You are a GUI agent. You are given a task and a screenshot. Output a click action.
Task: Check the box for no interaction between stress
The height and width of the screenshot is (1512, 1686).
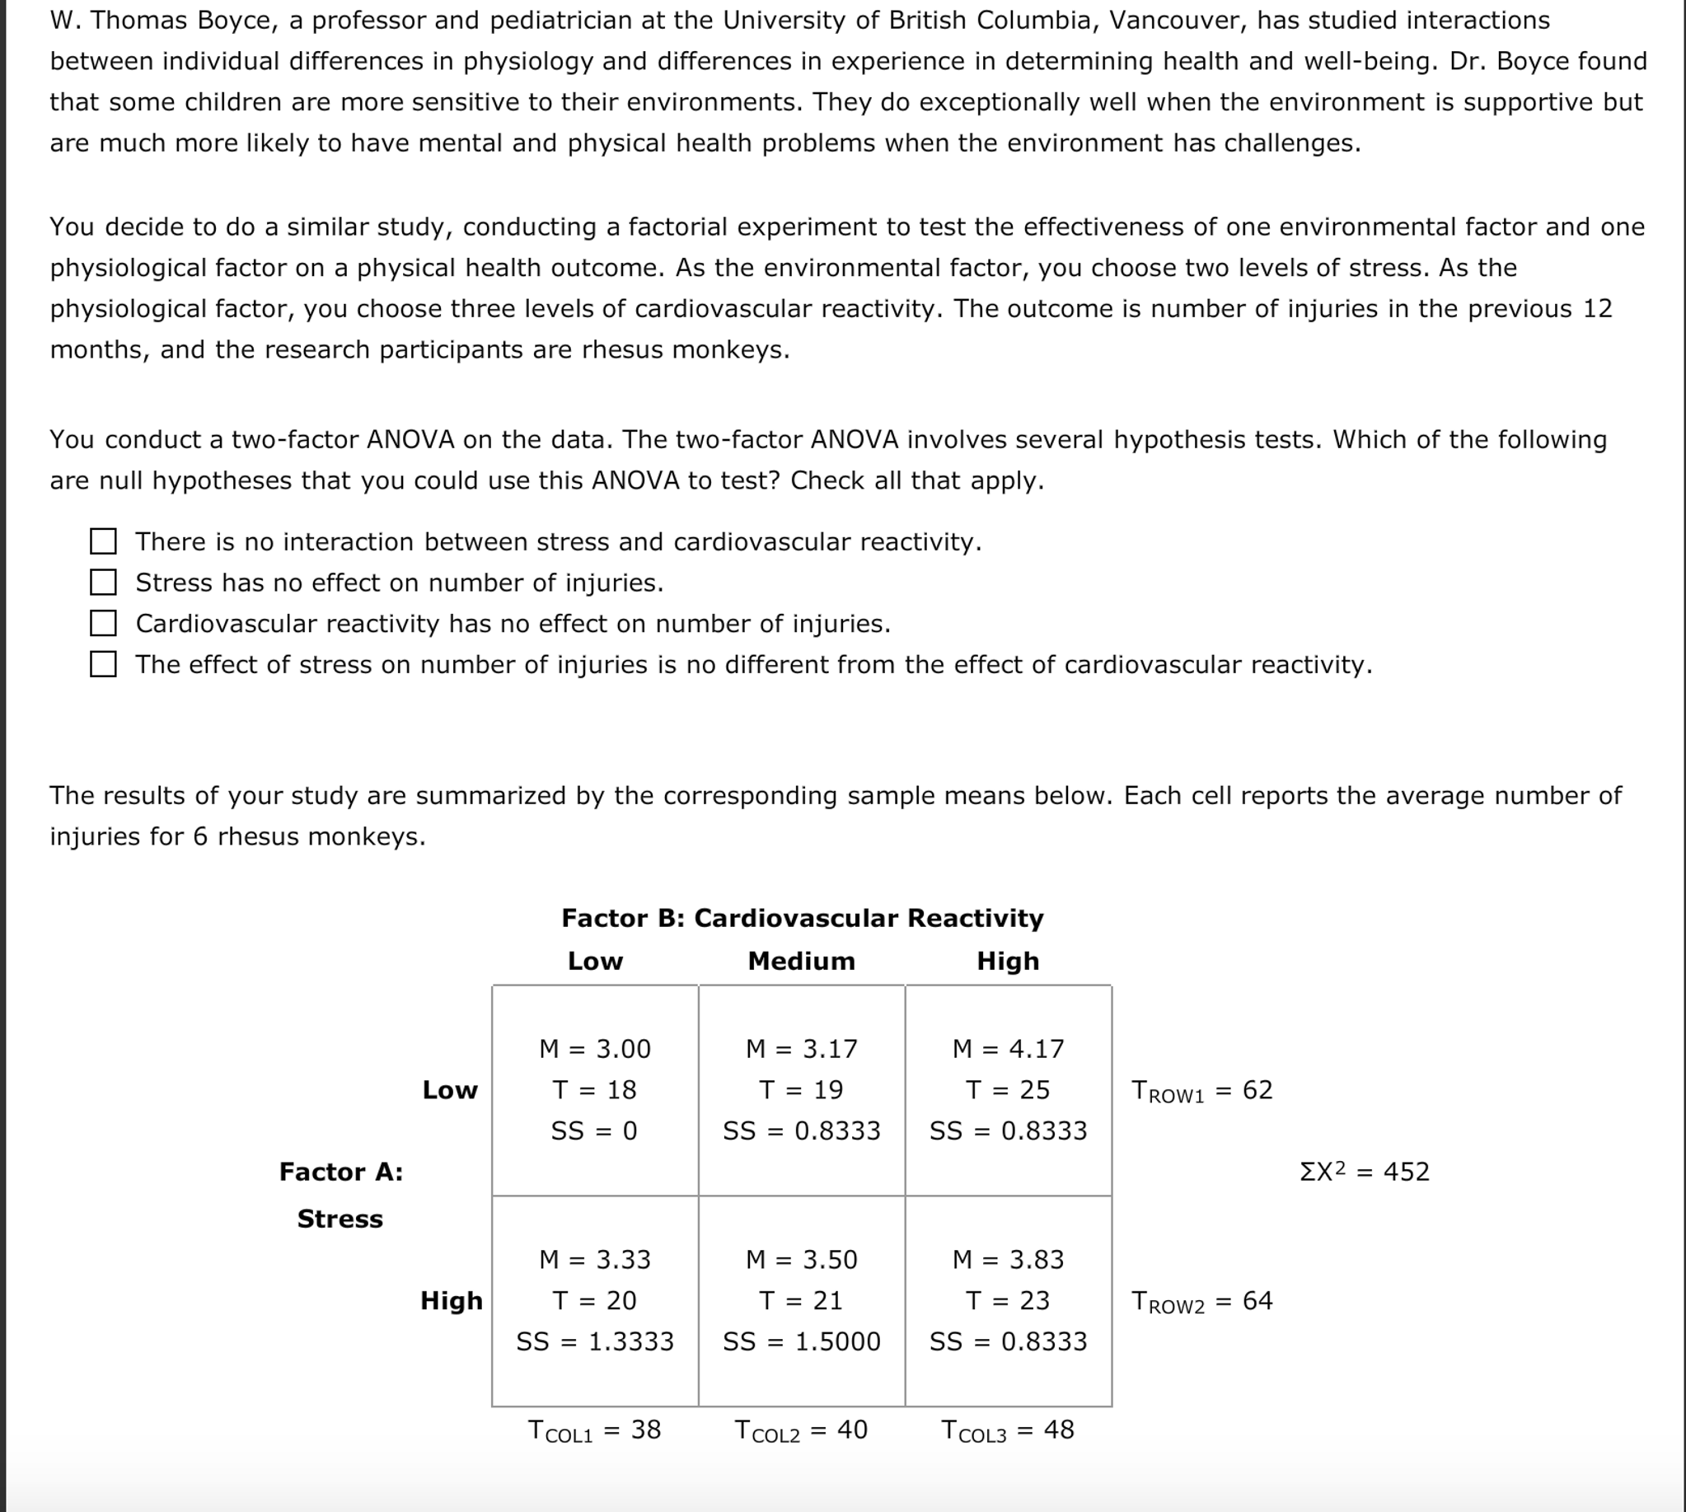(103, 541)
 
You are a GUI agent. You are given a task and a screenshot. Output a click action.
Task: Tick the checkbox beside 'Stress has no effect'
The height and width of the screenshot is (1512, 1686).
(103, 583)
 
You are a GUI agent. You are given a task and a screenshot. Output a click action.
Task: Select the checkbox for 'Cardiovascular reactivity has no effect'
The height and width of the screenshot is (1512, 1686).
(103, 623)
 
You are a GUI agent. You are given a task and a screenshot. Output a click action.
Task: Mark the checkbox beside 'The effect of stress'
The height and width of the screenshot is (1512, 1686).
(103, 664)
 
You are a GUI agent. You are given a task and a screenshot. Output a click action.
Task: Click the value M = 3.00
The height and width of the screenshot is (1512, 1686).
(595, 1048)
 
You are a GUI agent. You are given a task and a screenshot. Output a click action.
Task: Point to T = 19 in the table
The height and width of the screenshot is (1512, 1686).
(801, 1089)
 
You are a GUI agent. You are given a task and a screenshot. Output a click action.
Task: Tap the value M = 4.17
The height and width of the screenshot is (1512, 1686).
(1008, 1048)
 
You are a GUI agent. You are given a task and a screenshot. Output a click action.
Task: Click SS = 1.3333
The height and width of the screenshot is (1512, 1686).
(595, 1341)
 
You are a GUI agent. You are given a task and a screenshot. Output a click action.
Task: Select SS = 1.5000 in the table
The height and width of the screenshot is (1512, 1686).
(801, 1341)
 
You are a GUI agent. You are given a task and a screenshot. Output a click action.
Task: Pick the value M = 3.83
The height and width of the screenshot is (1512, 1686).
(1008, 1259)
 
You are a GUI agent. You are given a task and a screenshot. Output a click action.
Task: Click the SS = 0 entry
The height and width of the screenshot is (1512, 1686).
(595, 1130)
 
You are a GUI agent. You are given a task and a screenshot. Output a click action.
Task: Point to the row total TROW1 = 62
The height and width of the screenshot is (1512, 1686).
(1201, 1090)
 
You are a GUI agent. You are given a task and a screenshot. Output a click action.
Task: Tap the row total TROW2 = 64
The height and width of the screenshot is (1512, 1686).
(1201, 1301)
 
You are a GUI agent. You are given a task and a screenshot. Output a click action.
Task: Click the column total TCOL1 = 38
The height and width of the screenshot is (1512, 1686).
(595, 1430)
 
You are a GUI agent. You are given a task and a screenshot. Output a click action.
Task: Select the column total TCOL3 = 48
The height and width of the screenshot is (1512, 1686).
(1008, 1430)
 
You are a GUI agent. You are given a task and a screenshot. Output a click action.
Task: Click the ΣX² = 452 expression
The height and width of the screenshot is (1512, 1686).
(1365, 1172)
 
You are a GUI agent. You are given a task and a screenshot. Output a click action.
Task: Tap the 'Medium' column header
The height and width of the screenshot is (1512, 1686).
(801, 962)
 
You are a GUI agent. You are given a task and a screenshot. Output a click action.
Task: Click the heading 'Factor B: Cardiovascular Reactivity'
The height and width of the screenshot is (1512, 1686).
(802, 918)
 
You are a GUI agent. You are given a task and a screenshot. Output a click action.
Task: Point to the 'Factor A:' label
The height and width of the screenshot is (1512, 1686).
(340, 1172)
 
